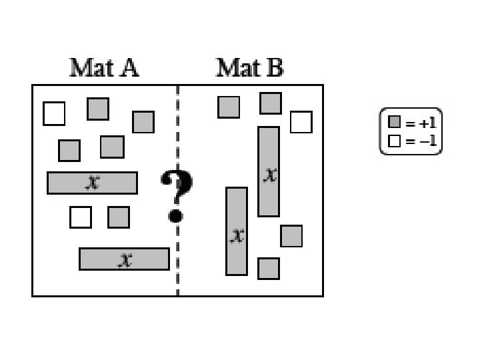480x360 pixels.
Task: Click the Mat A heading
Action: tap(104, 68)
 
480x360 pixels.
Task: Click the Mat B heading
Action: tap(250, 68)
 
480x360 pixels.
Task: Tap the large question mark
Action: tap(177, 194)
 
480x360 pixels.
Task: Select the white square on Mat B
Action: tap(301, 122)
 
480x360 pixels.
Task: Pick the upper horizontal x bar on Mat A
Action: tap(92, 183)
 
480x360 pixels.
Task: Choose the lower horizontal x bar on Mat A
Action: tap(124, 259)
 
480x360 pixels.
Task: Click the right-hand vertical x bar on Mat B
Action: tap(269, 171)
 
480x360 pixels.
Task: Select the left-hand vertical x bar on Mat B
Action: tap(237, 231)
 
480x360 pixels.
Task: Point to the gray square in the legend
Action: tap(394, 123)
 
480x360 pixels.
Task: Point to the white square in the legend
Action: tap(394, 141)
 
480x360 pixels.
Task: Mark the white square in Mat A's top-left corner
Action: tap(54, 113)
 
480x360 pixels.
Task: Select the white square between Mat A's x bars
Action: tap(81, 217)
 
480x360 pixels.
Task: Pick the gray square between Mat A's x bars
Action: tap(119, 217)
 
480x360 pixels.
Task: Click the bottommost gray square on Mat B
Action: tap(268, 268)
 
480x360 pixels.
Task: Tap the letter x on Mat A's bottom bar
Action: tap(125, 259)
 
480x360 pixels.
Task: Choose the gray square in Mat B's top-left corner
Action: tap(229, 107)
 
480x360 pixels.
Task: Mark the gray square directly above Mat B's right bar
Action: tap(270, 103)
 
